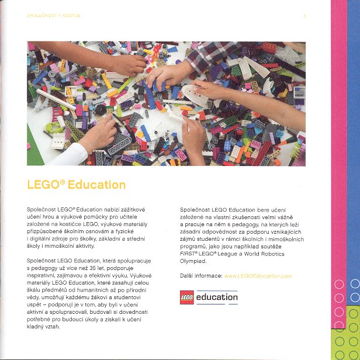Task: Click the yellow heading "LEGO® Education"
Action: click(x=76, y=185)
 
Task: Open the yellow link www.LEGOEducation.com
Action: click(x=258, y=275)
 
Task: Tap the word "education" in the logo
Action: click(x=217, y=297)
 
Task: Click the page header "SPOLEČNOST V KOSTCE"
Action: click(x=54, y=16)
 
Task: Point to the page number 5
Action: click(x=304, y=16)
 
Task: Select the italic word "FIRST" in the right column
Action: click(x=188, y=254)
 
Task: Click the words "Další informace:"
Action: click(x=200, y=275)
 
